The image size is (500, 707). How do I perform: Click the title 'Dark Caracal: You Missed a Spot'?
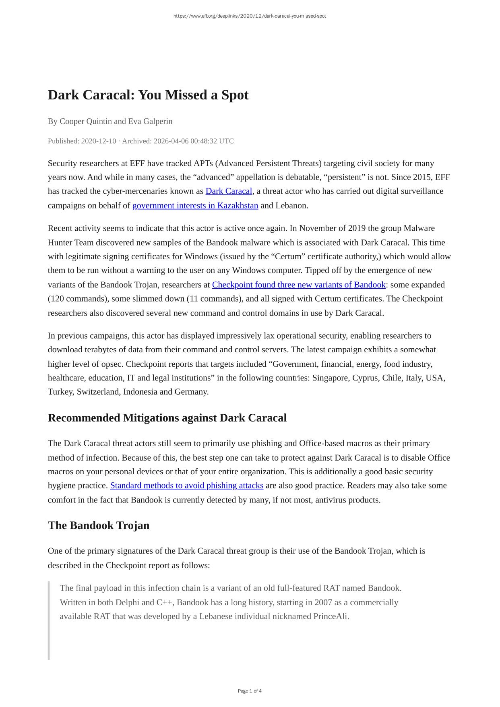[x=148, y=95]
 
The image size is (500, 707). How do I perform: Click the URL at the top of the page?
[x=250, y=16]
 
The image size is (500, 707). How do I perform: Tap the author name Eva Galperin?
[x=150, y=121]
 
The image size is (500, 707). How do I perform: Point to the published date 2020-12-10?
[x=98, y=141]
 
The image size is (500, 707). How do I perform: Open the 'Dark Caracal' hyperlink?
[x=229, y=191]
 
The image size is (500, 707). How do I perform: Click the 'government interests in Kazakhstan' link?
[x=195, y=205]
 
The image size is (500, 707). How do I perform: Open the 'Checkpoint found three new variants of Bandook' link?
[x=299, y=285]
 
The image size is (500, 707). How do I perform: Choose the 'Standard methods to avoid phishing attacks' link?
[x=187, y=486]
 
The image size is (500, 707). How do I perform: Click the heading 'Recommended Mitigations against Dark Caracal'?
[x=167, y=418]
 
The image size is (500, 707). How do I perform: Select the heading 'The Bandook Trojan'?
[x=99, y=525]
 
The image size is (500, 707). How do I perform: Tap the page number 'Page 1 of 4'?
[x=250, y=691]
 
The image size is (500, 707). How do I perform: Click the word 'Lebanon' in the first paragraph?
[x=291, y=205]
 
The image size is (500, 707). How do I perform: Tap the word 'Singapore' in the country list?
[x=331, y=378]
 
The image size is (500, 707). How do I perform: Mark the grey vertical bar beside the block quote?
[x=49, y=620]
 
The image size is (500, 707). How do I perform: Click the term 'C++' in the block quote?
[x=164, y=602]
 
